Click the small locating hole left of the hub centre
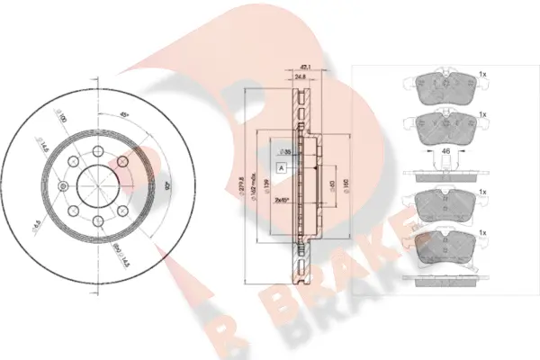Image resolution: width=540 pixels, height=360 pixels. pos(63,186)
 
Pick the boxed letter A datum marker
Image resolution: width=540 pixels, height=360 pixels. pos(282,168)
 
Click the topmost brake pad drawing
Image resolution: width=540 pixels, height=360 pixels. pos(445,84)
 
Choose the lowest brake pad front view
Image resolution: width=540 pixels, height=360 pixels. pos(445,245)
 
